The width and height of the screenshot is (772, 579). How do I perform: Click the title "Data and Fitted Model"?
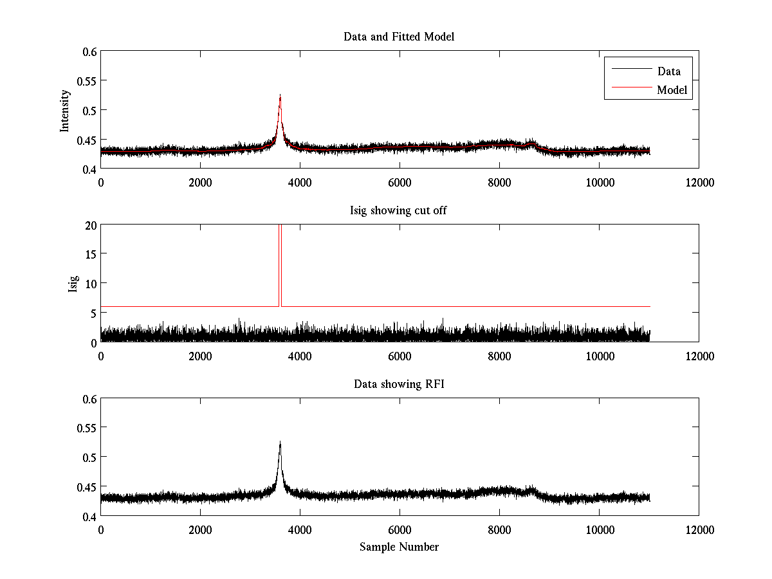(x=399, y=37)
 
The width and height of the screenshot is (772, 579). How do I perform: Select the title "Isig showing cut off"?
(x=399, y=211)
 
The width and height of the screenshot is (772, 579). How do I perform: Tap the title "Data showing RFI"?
(x=399, y=384)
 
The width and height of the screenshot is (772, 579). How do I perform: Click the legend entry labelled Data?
(x=668, y=71)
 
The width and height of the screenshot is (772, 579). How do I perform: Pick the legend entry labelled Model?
(x=672, y=90)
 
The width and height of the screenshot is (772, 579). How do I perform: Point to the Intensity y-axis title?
(x=65, y=110)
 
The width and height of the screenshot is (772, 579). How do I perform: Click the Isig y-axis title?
(x=73, y=284)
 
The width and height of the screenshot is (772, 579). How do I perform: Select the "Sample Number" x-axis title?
(x=399, y=547)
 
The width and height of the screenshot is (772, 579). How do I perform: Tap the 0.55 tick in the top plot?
(x=87, y=81)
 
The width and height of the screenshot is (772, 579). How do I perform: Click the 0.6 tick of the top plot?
(x=90, y=51)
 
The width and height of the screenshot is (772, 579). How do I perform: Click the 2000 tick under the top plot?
(x=200, y=183)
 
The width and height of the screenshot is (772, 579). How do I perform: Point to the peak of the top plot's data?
(x=280, y=96)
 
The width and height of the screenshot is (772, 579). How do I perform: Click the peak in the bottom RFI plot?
(x=280, y=443)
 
